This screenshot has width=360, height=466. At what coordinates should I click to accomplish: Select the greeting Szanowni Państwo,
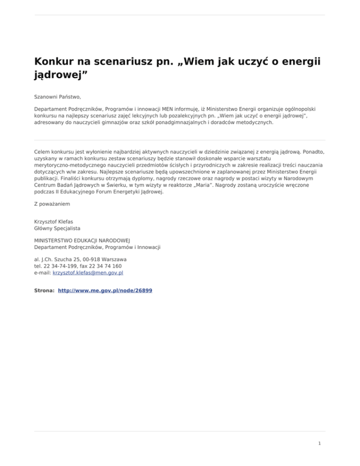[58, 97]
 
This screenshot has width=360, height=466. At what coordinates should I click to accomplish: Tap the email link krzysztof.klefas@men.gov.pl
[88, 272]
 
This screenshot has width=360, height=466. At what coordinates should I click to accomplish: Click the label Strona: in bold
[45, 290]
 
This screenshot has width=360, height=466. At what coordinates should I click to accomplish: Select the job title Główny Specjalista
[57, 228]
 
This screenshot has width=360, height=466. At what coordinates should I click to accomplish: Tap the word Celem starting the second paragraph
[43, 152]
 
